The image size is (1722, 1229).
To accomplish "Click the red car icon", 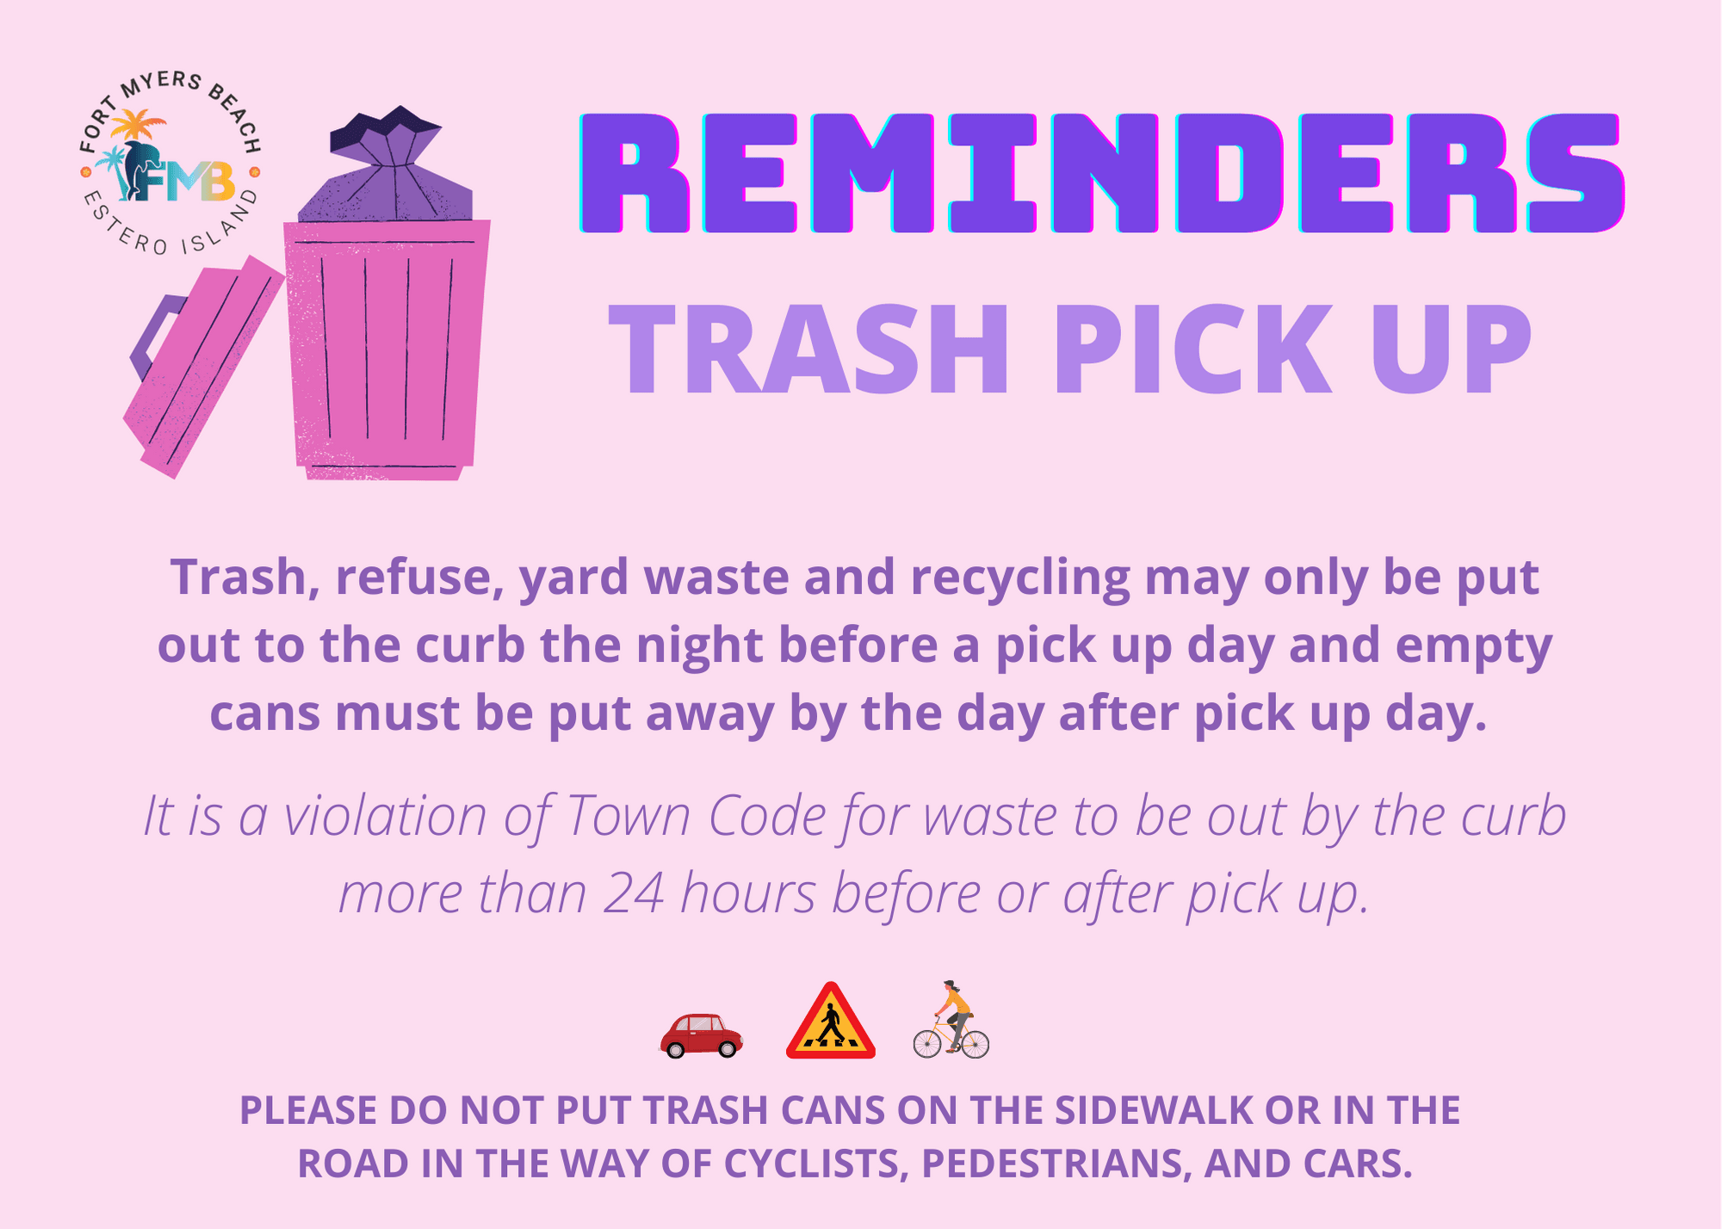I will pos(701,1035).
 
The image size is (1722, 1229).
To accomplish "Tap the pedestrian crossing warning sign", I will pos(830,1024).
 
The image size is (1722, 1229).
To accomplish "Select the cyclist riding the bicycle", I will pos(951,1021).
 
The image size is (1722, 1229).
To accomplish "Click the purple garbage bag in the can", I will pos(387,172).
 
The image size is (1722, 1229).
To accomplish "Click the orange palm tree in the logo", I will pos(139,126).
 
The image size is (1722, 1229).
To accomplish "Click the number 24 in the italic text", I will pos(634,893).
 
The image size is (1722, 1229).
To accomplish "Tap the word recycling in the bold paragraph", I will pos(1019,577).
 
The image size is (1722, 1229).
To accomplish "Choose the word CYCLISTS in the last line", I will pos(817,1164).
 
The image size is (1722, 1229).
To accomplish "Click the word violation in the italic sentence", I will pos(385,815).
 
